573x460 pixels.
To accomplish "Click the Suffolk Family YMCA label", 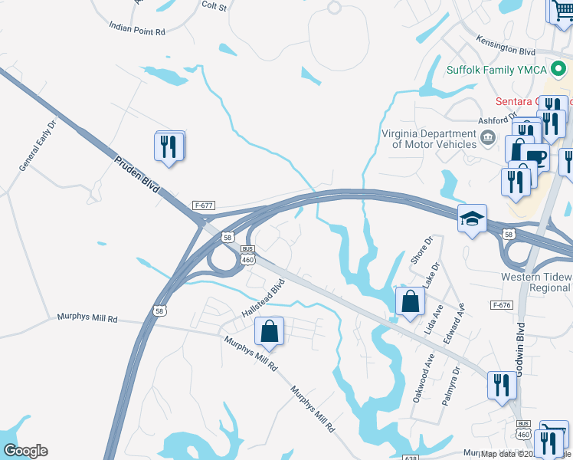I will click(x=496, y=70).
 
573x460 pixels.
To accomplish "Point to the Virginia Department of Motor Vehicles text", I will click(x=428, y=138).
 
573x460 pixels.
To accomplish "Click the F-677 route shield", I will click(x=203, y=205).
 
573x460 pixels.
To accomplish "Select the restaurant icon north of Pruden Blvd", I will click(x=169, y=146).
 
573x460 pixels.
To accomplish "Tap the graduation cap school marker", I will click(x=473, y=219).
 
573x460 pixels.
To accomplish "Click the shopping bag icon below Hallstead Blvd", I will click(x=269, y=332).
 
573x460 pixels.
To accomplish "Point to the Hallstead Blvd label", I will click(x=263, y=300).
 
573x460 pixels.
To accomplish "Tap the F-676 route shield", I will click(x=502, y=305).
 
